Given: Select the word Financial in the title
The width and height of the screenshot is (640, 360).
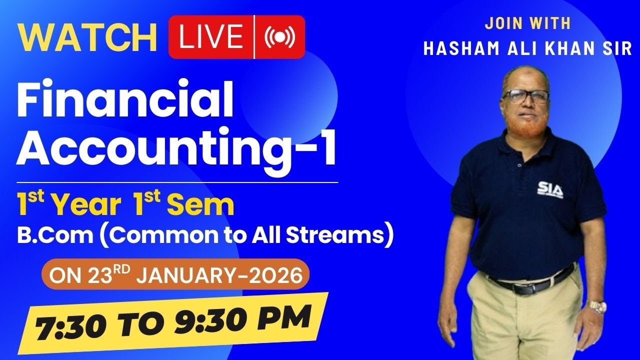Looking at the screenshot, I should [x=125, y=100].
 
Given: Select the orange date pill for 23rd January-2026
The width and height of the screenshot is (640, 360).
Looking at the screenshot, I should [x=175, y=274].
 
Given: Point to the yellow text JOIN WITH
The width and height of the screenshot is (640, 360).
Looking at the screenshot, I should [x=528, y=23].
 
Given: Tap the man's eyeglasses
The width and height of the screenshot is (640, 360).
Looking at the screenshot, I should [x=525, y=95].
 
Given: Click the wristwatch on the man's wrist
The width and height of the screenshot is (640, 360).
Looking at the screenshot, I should [x=596, y=306].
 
